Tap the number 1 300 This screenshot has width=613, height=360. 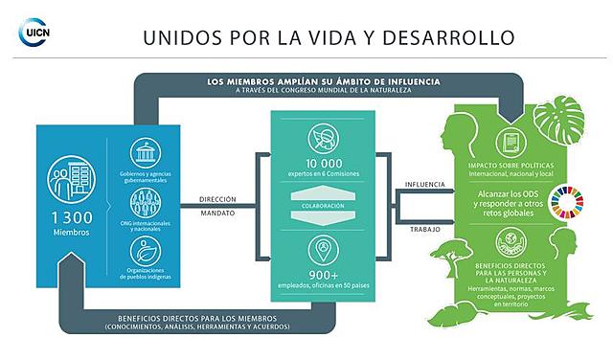tap(72, 217)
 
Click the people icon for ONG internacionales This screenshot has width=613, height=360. tap(146, 201)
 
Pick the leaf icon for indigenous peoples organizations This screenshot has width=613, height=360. tap(146, 251)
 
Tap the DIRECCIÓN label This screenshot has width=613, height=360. tap(217, 200)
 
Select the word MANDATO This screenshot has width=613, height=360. tap(217, 215)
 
